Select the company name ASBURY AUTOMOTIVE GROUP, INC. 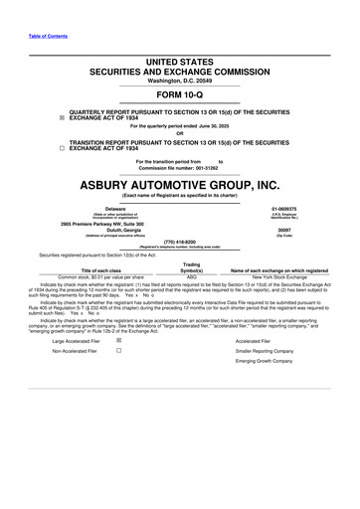pos(180,184)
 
